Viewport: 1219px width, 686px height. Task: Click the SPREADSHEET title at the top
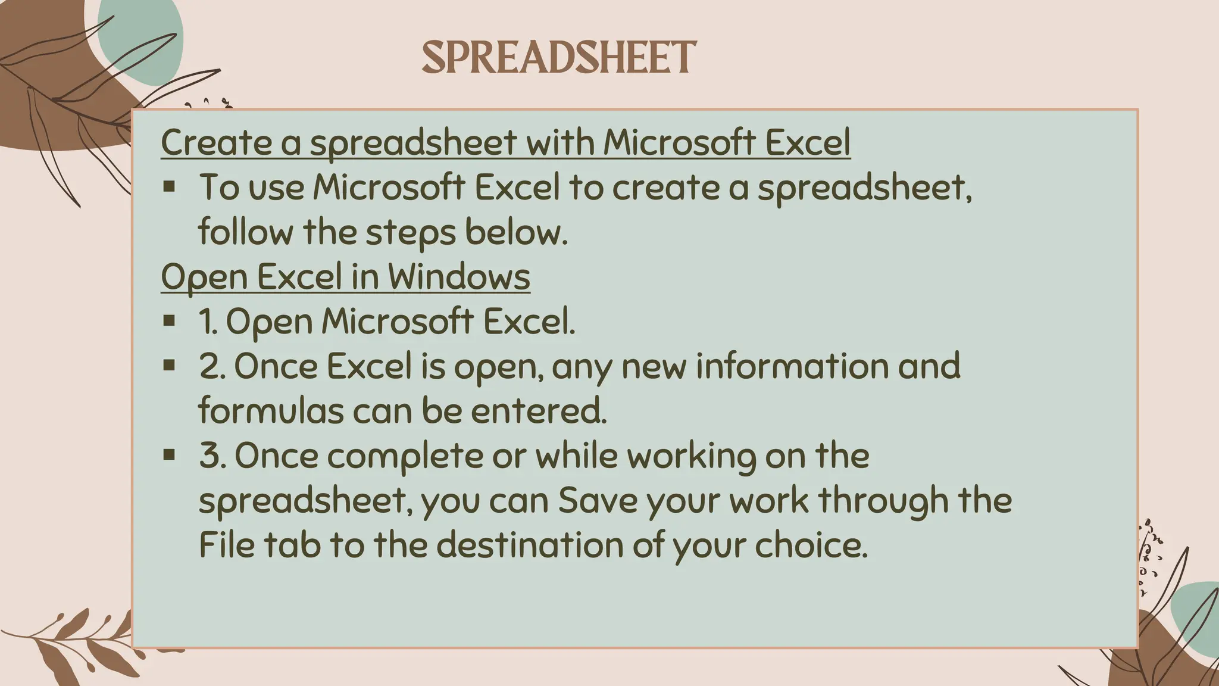[x=558, y=58]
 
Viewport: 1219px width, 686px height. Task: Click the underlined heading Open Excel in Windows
[x=345, y=277]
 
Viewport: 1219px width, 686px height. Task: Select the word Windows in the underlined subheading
[x=459, y=277]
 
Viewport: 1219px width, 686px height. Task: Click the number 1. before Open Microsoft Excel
[x=208, y=322]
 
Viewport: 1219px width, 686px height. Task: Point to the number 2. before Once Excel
[x=212, y=366]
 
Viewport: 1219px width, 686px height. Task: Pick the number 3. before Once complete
[x=212, y=456]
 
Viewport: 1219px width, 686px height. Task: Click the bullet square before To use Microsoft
[x=170, y=187]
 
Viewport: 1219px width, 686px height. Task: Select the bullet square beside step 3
[x=170, y=456]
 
